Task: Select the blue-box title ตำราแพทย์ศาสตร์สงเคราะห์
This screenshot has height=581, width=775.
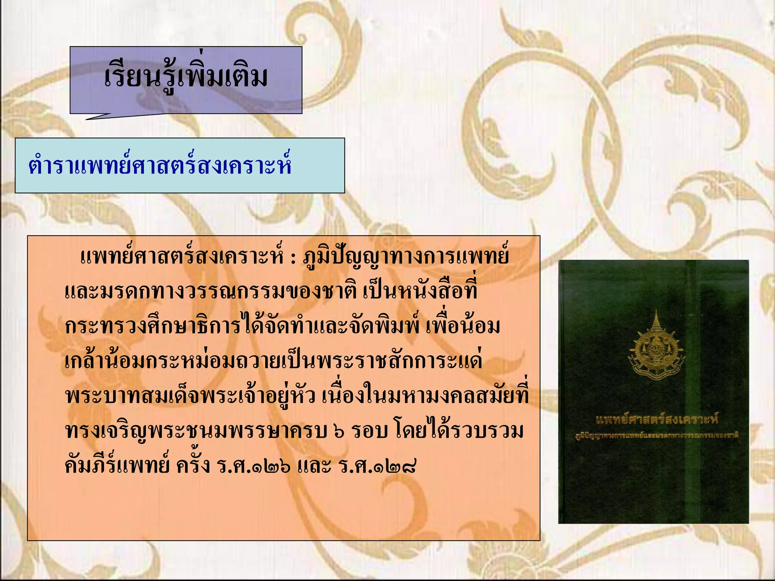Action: [x=160, y=166]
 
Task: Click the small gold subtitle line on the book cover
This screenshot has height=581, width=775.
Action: [x=657, y=436]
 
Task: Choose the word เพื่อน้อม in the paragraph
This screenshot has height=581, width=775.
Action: [x=462, y=327]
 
